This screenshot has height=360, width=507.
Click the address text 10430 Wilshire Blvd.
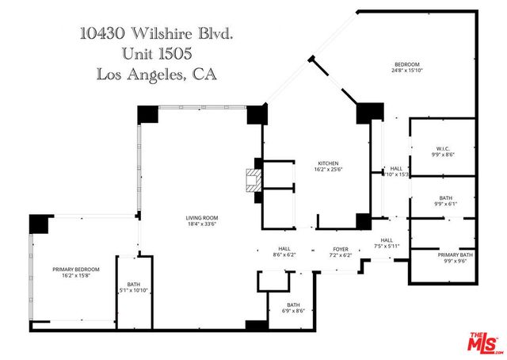coord(158,33)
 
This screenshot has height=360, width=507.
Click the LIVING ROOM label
coord(202,217)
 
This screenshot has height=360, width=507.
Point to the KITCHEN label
coord(328,163)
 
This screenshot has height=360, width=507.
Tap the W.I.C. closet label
coord(444,148)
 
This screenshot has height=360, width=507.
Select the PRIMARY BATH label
coord(456,254)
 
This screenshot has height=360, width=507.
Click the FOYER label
coord(341,248)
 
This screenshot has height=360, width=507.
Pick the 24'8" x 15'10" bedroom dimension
coord(407,71)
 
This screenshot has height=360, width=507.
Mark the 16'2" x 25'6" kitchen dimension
coord(328,170)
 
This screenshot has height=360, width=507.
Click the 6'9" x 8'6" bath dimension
coord(294,312)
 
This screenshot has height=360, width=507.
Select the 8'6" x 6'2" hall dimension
coord(284,255)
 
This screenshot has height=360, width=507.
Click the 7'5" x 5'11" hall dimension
coord(387,247)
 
